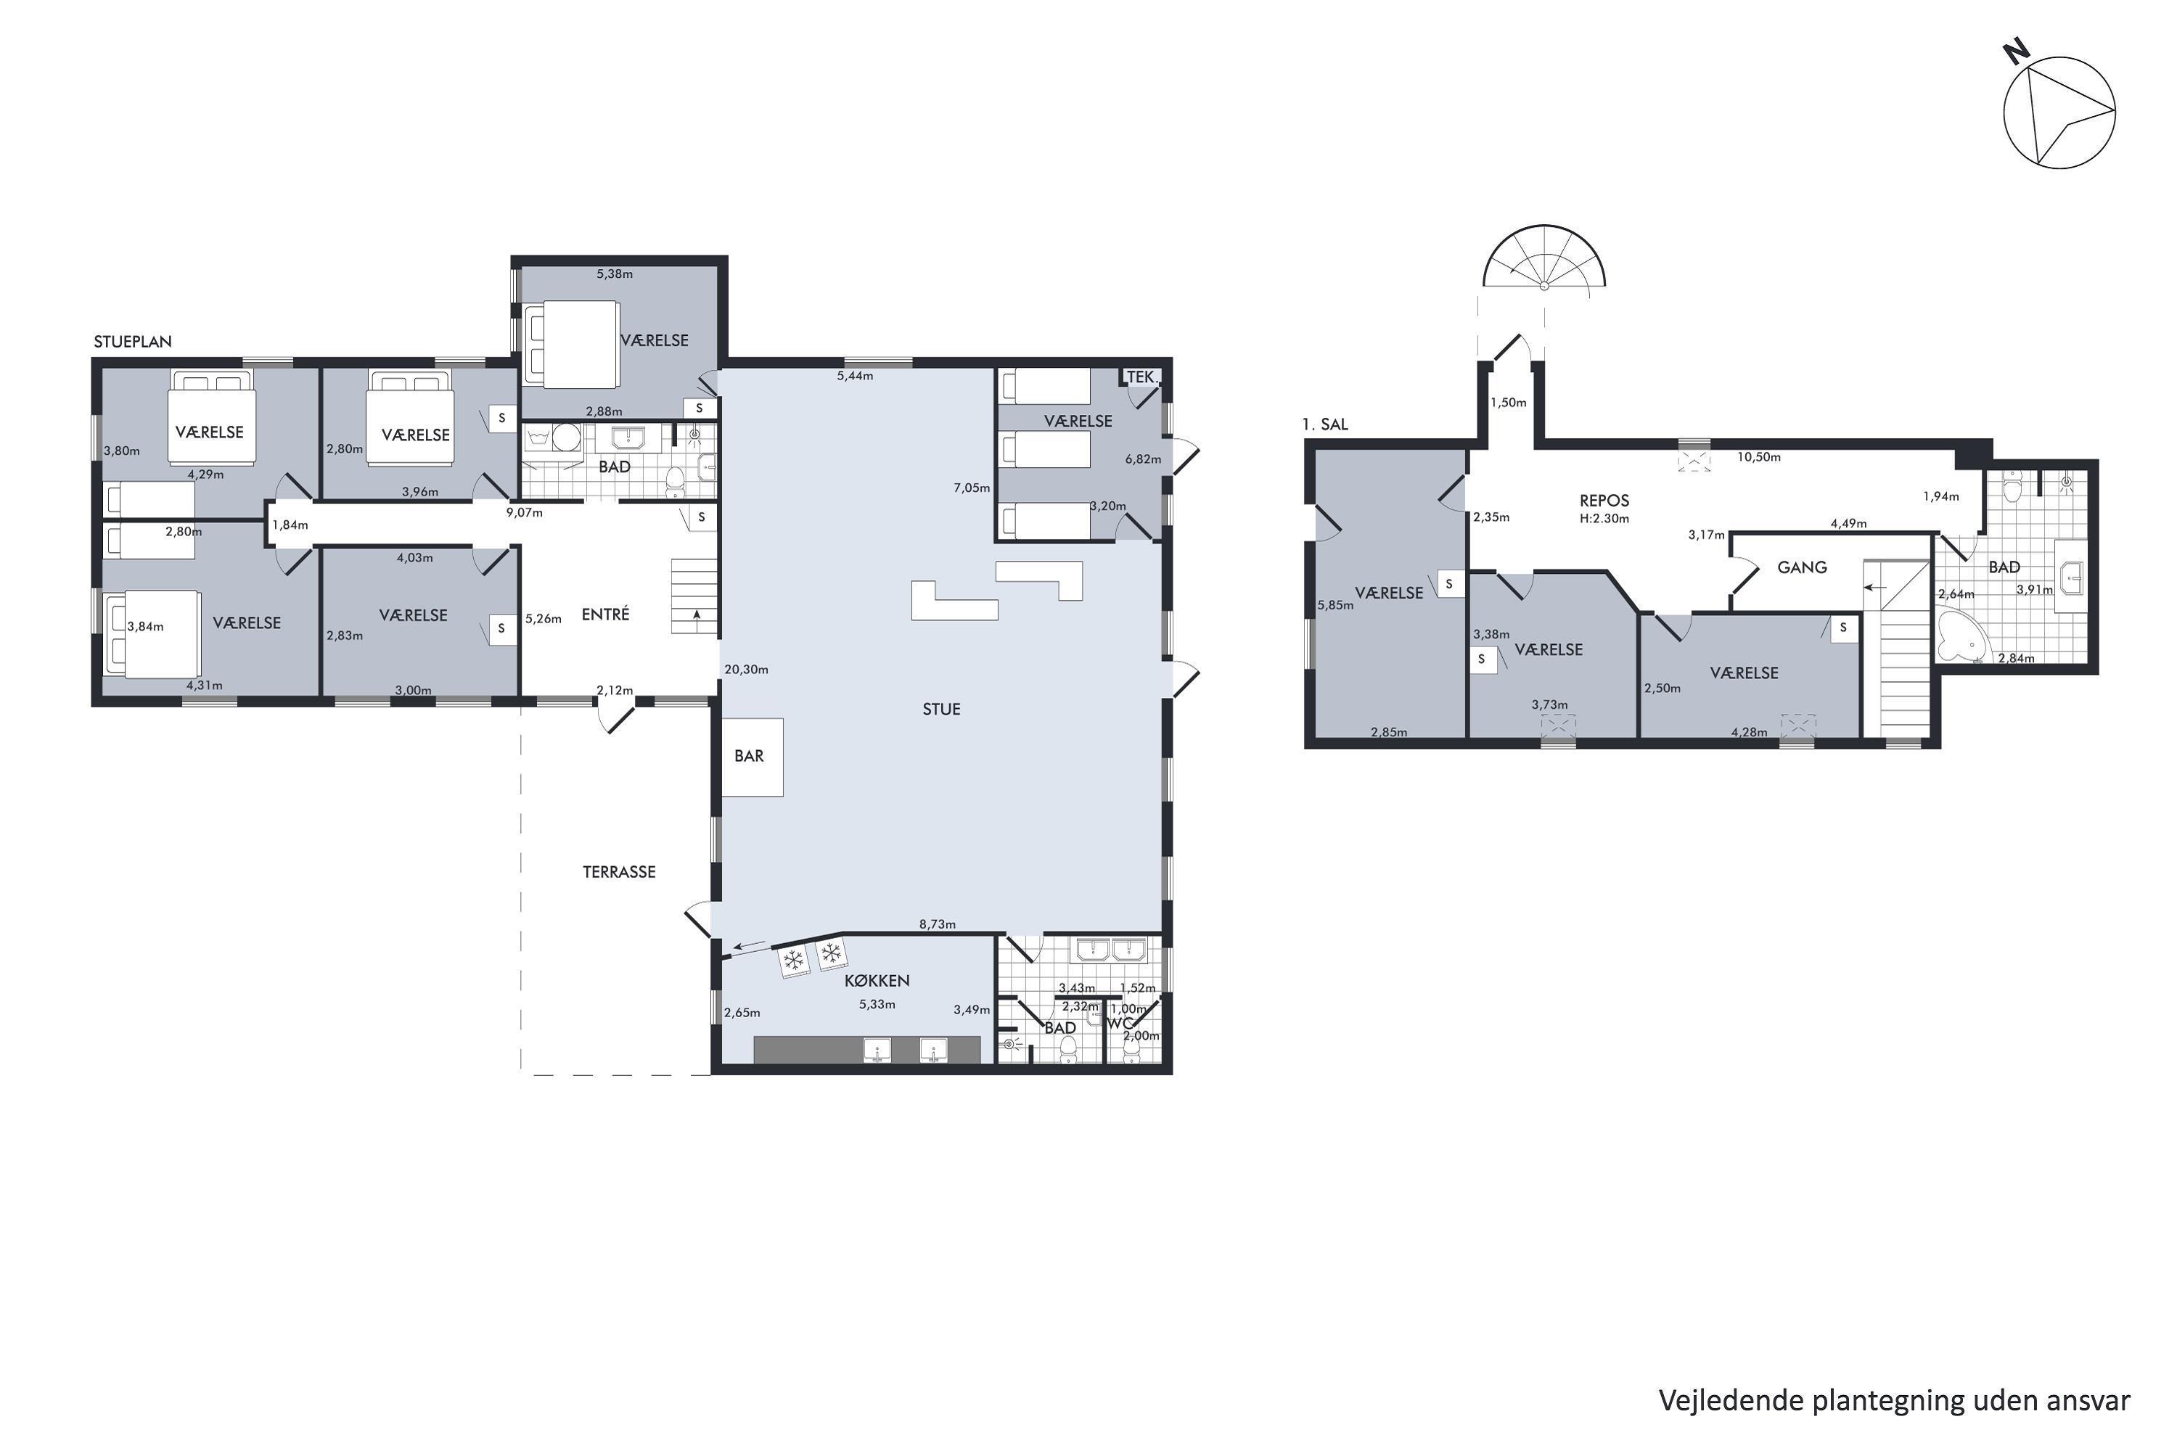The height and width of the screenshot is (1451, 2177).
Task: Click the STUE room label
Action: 940,710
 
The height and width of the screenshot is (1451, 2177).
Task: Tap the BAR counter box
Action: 752,757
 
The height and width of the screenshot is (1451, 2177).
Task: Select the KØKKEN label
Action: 877,981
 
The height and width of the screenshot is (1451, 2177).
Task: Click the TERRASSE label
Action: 619,872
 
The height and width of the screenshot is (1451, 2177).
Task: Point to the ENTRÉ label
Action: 605,614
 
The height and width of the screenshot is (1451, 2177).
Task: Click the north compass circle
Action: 2059,113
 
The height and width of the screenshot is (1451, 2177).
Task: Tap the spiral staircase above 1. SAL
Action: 1544,258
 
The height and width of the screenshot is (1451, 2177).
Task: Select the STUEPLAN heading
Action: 132,342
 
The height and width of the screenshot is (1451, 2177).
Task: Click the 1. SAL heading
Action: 1324,424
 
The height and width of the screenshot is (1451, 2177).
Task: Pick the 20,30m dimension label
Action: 746,669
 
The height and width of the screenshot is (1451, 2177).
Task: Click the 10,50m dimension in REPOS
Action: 1758,457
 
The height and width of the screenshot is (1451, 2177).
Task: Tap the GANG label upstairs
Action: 1802,567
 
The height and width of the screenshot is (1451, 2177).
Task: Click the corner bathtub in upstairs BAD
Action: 1961,634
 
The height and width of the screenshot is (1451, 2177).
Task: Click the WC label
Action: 1121,1024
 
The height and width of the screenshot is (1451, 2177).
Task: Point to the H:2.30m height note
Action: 1604,519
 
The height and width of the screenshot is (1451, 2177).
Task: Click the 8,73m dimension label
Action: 938,924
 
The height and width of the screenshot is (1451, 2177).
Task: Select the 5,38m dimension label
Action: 615,274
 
